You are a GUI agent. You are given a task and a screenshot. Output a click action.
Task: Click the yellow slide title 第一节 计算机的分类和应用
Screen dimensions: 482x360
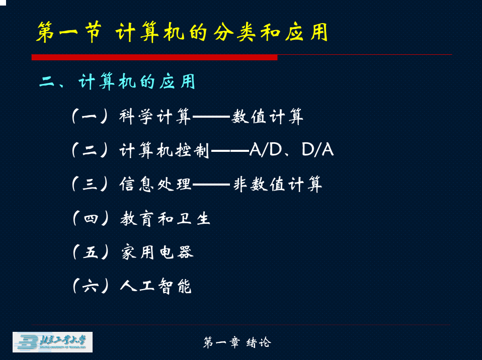pos(182,32)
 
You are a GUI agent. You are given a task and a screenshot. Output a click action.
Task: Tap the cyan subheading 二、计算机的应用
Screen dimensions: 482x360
pos(117,82)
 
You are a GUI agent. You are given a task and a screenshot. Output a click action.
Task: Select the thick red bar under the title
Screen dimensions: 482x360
pos(154,57)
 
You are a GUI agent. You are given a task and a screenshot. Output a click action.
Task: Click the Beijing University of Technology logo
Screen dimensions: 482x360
pos(52,342)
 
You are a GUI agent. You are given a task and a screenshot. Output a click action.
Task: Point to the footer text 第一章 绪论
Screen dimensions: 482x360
pos(237,342)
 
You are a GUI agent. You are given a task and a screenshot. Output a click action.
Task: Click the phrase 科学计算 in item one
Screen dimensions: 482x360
pos(155,117)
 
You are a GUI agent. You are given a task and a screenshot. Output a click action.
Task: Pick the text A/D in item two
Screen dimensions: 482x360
pos(266,150)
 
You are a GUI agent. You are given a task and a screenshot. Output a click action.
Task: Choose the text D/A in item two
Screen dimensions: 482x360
pos(318,150)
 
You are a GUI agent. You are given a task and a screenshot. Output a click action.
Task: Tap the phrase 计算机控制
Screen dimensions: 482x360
pos(165,150)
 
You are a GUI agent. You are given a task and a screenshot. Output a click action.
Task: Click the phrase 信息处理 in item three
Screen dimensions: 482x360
pos(155,185)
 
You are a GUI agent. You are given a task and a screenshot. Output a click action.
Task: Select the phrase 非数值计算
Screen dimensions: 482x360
pos(278,185)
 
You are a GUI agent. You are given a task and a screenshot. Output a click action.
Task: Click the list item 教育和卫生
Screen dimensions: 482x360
pos(166,219)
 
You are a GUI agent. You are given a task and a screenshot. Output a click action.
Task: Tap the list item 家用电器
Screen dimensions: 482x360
pos(157,252)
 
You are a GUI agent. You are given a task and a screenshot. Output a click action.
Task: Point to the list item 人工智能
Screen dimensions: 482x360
pos(156,286)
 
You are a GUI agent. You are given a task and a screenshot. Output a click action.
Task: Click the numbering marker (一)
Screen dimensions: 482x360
pos(90,117)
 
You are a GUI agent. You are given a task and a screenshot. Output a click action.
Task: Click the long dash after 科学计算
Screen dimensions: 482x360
pos(211,117)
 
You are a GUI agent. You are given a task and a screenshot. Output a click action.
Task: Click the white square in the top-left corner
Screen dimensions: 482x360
pos(3,3)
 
